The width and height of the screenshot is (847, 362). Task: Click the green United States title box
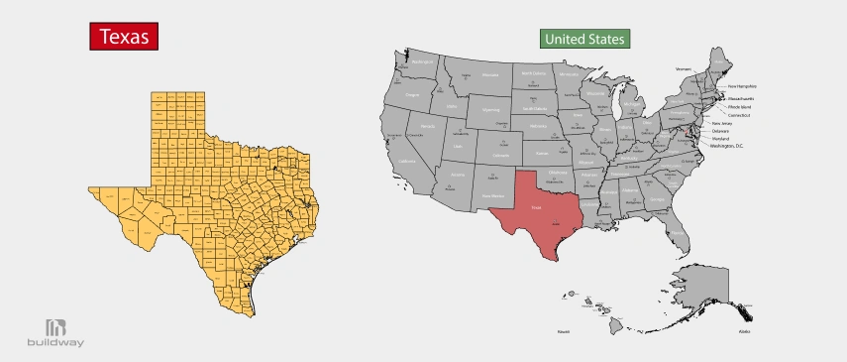[585, 40]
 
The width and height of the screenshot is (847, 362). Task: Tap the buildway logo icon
[55, 327]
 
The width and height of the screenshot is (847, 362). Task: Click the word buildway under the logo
[55, 343]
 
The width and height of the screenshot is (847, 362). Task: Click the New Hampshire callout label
[742, 86]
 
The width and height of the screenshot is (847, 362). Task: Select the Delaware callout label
[720, 131]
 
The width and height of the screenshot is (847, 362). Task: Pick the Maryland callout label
[720, 138]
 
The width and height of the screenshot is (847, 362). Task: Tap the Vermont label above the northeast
[683, 69]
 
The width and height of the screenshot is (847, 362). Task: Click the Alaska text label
[744, 331]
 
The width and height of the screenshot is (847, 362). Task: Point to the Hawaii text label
[563, 331]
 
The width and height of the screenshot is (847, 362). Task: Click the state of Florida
[676, 224]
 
